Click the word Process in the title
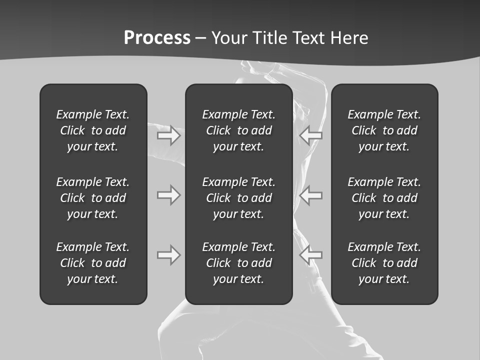click(x=157, y=38)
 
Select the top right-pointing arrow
click(x=169, y=135)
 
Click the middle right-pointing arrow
click(x=169, y=195)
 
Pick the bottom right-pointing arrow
click(x=169, y=255)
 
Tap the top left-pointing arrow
click(x=310, y=135)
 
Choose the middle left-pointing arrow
click(x=310, y=195)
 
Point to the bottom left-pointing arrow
click(x=310, y=255)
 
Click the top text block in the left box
click(x=93, y=130)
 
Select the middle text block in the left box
click(x=93, y=198)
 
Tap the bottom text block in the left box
click(x=93, y=263)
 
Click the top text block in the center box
click(x=238, y=130)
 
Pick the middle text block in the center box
click(x=238, y=198)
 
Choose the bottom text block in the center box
click(x=238, y=263)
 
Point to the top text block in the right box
click(x=384, y=130)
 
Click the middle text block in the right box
click(x=384, y=198)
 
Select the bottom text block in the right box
click(x=384, y=263)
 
